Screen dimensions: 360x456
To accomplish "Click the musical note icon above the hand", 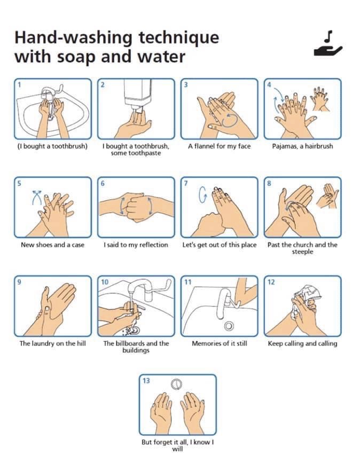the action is click(x=328, y=36).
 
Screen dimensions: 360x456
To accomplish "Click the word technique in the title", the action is click(x=178, y=37).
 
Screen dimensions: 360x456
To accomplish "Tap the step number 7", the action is click(x=186, y=183).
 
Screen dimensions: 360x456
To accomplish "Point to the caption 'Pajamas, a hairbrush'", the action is click(x=302, y=146).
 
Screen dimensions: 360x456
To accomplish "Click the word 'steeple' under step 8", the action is click(x=302, y=251).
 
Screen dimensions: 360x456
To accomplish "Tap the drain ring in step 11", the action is click(x=229, y=326).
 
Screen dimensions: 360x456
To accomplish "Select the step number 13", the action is click(x=146, y=380).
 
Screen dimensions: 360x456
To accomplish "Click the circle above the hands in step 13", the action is click(x=176, y=384).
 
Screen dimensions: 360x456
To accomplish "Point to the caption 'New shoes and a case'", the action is click(x=53, y=245).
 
